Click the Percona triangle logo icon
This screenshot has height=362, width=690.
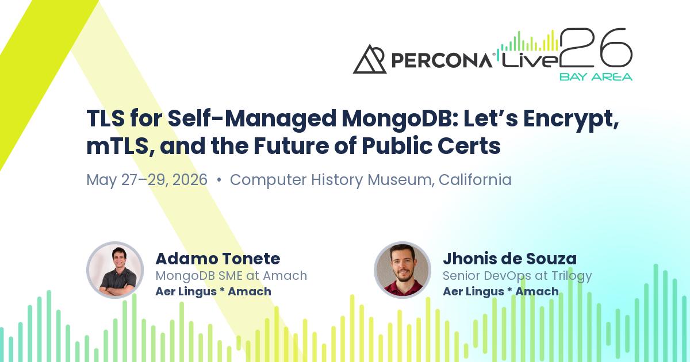click(x=370, y=59)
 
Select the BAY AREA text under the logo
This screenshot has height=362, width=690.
click(x=595, y=76)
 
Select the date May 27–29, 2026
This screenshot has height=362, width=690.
click(x=147, y=180)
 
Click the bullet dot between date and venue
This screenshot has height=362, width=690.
click(x=219, y=180)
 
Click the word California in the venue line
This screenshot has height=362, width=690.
click(x=475, y=180)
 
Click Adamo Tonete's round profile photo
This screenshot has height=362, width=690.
click(x=115, y=270)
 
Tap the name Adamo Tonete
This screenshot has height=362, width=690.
click(x=217, y=259)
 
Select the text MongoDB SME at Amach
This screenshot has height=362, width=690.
click(x=231, y=276)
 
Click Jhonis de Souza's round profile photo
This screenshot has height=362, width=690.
click(x=402, y=270)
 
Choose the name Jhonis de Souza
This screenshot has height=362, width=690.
click(x=509, y=259)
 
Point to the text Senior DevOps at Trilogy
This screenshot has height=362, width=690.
click(x=517, y=276)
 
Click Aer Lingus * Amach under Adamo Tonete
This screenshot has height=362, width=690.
click(x=213, y=291)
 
